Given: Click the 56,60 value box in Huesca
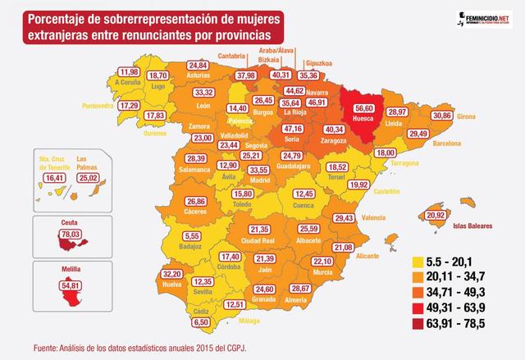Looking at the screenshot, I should (x=362, y=107).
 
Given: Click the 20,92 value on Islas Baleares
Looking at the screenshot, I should (x=436, y=216).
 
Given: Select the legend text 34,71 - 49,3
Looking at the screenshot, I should (x=463, y=291).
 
